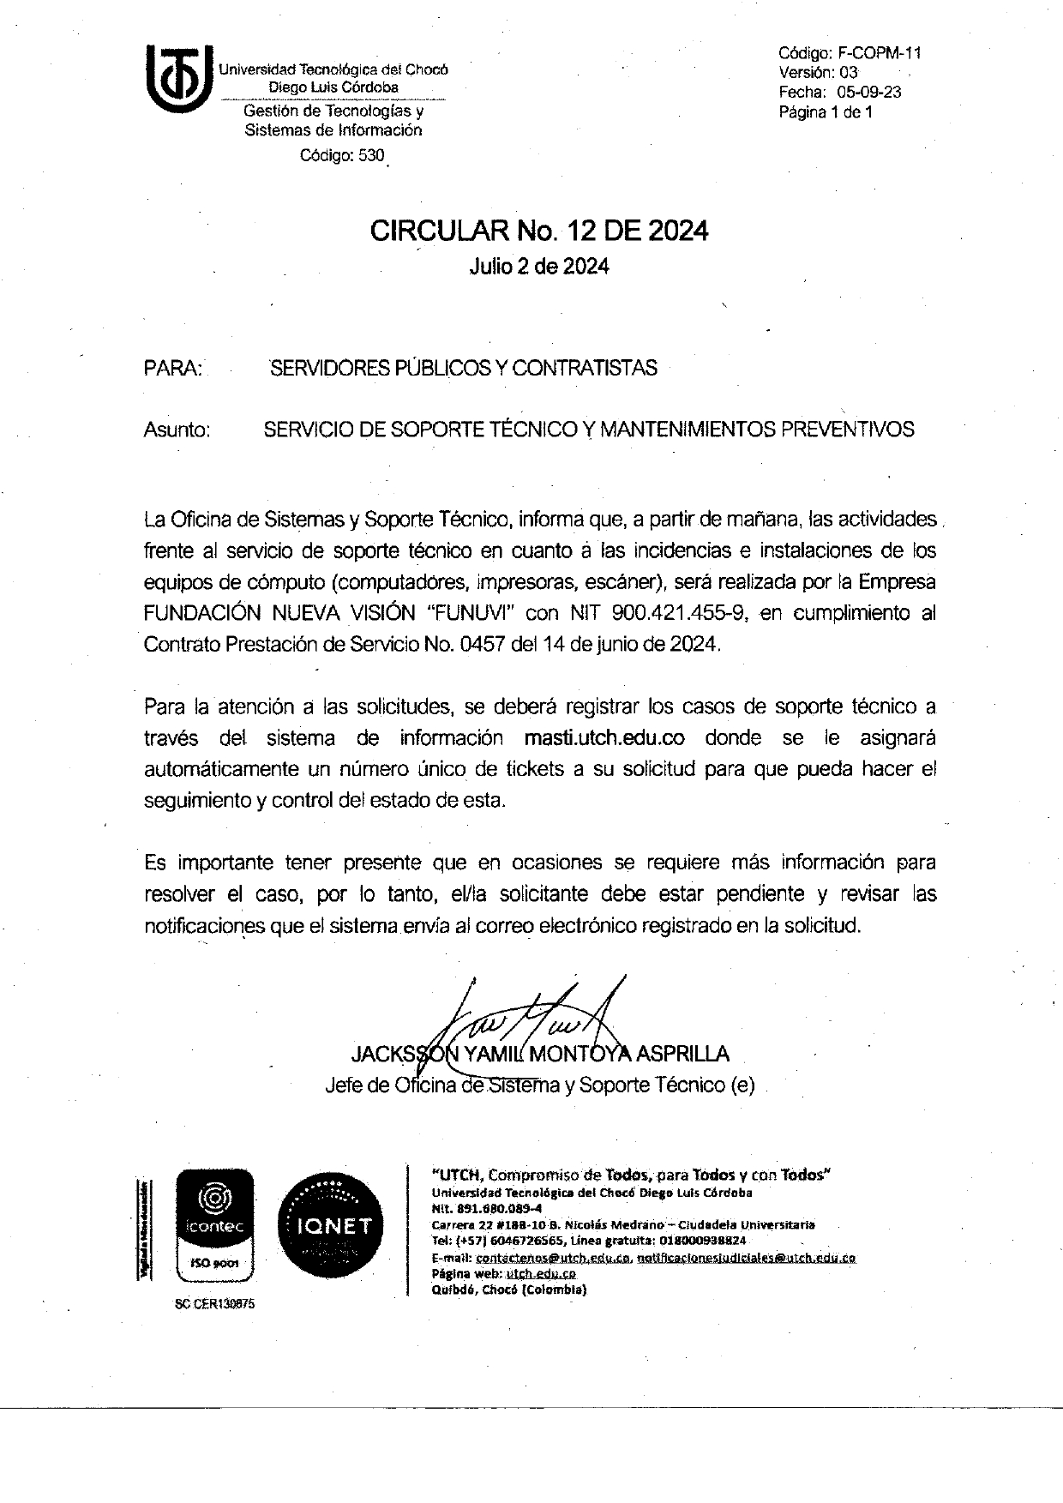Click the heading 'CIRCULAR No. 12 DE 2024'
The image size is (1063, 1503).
click(x=539, y=231)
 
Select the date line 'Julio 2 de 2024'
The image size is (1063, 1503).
click(x=539, y=267)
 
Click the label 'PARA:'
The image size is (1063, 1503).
click(x=173, y=369)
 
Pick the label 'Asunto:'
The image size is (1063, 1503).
click(x=177, y=430)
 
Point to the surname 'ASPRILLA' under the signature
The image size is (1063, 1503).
click(x=682, y=1054)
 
